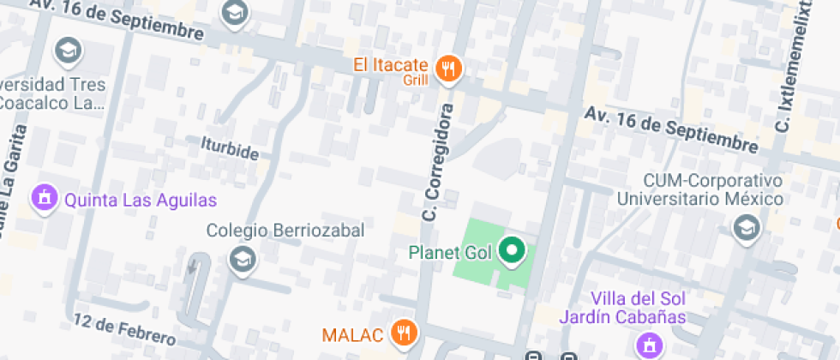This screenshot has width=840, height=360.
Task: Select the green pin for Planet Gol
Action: click(512, 251)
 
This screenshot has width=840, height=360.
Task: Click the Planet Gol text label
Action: click(450, 252)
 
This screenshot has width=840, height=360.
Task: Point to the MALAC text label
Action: click(351, 333)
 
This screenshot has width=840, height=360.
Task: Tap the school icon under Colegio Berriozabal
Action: click(243, 259)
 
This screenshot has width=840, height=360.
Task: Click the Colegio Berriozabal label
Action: click(285, 231)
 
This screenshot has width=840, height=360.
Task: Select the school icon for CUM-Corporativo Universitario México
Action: click(747, 228)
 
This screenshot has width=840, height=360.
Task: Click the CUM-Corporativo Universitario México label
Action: click(701, 190)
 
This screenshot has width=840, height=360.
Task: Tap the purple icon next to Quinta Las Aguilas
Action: click(43, 200)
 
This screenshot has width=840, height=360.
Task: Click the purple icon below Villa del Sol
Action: click(649, 345)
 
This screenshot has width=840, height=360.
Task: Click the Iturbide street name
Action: click(229, 147)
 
